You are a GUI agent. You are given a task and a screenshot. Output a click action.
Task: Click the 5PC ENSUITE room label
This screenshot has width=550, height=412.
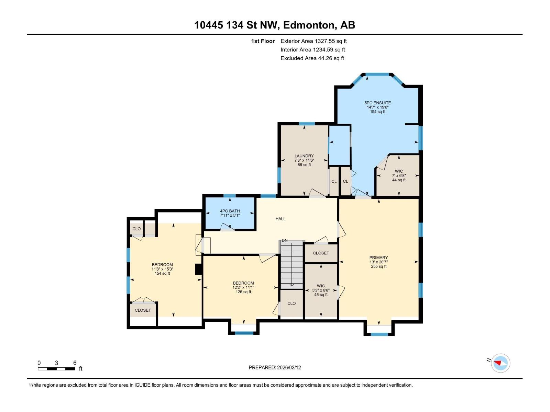tap(377, 103)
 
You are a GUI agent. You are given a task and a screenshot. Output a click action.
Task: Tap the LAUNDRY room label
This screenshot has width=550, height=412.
tap(304, 156)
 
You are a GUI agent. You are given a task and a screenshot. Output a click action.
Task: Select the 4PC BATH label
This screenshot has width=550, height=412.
tap(230, 211)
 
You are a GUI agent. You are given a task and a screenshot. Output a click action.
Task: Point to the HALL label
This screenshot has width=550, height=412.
tap(280, 219)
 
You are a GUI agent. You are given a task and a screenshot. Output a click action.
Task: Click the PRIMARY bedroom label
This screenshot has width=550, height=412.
tap(378, 257)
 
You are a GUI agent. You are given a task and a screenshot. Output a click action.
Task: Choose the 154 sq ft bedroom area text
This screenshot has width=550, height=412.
tap(162, 274)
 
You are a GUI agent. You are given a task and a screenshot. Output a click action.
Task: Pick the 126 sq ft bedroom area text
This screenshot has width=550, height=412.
tap(243, 292)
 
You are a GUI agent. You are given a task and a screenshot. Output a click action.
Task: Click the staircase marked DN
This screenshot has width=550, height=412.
tap(291, 264)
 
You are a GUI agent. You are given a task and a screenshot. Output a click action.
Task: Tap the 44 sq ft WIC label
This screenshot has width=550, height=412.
tap(399, 180)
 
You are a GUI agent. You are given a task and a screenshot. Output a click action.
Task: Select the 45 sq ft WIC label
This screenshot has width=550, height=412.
tap(321, 295)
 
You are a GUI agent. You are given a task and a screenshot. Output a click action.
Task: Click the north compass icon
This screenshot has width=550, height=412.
tap(500, 363)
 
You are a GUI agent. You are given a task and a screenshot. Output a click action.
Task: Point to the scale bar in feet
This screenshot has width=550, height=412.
tap(57, 369)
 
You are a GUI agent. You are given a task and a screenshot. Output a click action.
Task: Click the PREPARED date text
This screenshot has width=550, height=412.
tap(275, 367)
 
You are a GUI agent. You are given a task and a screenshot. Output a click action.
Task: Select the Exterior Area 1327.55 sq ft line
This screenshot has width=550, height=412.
tap(313, 41)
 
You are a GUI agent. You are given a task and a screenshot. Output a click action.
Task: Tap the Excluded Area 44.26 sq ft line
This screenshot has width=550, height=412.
tap(312, 58)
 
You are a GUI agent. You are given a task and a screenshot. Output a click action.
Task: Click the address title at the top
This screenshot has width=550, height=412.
tap(275, 25)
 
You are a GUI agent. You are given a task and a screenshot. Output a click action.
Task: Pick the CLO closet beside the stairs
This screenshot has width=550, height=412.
tap(291, 304)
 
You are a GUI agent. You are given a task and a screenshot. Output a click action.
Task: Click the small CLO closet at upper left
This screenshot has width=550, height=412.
tap(136, 229)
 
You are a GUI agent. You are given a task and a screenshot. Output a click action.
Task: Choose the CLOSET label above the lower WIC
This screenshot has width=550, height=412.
tap(321, 253)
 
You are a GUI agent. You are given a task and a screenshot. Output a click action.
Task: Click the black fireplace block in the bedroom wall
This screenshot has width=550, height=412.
tap(198, 269)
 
